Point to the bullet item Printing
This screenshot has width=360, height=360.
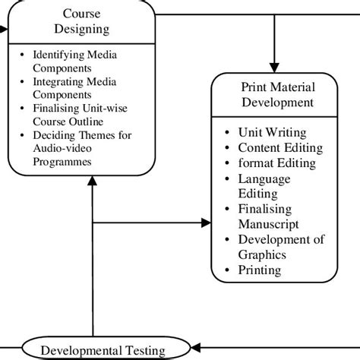click(259, 270)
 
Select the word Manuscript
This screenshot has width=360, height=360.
click(268, 224)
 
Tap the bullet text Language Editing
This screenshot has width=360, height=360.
click(264, 185)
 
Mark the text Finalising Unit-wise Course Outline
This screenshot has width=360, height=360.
click(78, 115)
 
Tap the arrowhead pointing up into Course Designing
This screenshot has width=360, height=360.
click(92, 181)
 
